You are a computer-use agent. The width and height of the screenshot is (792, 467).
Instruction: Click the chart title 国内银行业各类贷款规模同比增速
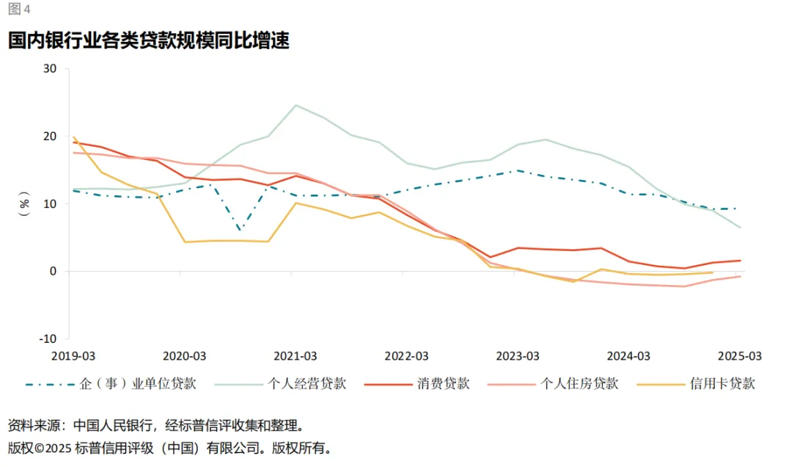pyautogui.click(x=149, y=40)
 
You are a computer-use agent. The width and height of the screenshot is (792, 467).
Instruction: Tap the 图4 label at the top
pyautogui.click(x=20, y=9)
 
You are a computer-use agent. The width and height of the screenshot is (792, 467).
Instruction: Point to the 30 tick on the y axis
pyautogui.click(x=50, y=69)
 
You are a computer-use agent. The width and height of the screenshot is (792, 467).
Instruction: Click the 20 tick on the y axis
pyautogui.click(x=50, y=137)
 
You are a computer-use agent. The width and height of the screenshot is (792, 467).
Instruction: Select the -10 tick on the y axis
pyautogui.click(x=48, y=339)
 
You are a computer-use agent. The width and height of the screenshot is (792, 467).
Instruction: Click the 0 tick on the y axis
pyautogui.click(x=53, y=271)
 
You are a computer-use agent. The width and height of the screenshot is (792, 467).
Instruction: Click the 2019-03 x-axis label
pyautogui.click(x=73, y=356)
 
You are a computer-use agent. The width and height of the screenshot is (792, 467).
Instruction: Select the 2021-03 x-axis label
pyautogui.click(x=295, y=356)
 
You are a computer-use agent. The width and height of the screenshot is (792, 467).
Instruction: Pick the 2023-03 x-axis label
pyautogui.click(x=517, y=356)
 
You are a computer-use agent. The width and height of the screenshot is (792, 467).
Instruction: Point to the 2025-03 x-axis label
pyautogui.click(x=739, y=356)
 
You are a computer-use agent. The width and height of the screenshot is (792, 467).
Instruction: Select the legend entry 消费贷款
pyautogui.click(x=444, y=383)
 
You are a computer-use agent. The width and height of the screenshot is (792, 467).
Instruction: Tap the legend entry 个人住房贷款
pyautogui.click(x=579, y=383)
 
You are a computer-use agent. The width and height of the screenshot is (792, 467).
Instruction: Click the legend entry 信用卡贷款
pyautogui.click(x=722, y=383)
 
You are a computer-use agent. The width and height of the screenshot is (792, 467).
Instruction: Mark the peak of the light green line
pyautogui.click(x=296, y=105)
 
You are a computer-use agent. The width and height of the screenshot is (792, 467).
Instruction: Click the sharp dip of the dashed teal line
pyautogui.click(x=240, y=230)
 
